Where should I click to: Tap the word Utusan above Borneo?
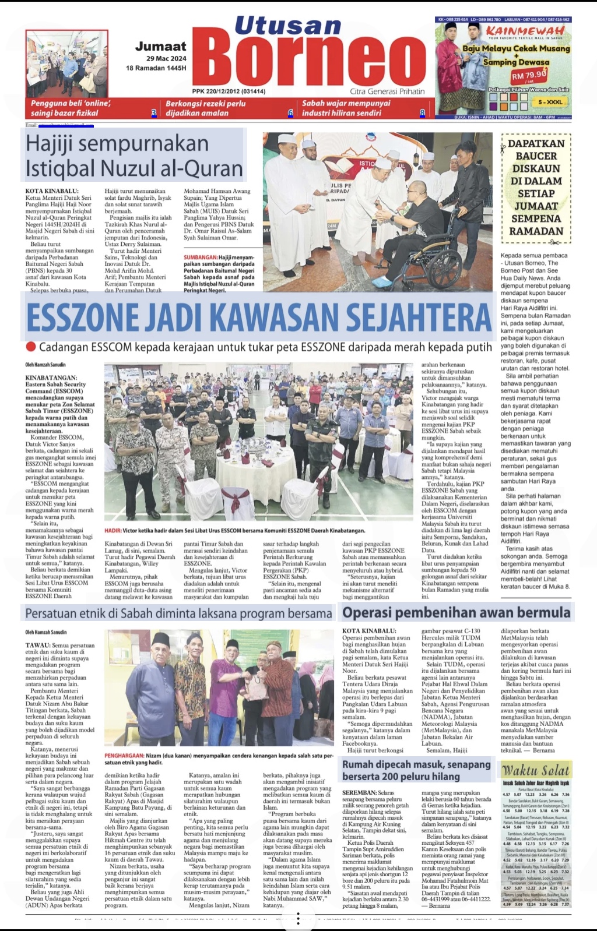(287, 26)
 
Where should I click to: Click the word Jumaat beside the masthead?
(160, 46)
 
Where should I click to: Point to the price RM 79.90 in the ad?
(529, 75)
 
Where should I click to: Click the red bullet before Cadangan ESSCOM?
(31, 347)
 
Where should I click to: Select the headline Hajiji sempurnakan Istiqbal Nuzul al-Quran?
(134, 156)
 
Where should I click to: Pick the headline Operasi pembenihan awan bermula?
(456, 612)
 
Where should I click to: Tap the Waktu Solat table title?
(535, 770)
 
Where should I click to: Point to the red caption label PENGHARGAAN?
(124, 756)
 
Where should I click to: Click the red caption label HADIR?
(113, 531)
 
